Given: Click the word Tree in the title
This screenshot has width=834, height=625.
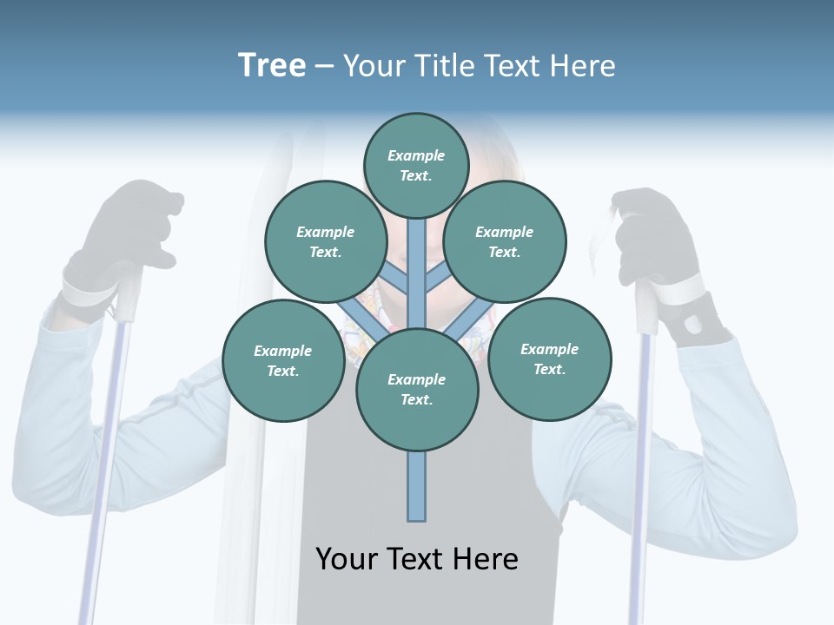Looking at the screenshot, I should click(x=272, y=65).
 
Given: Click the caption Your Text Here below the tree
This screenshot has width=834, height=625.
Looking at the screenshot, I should click(x=417, y=558).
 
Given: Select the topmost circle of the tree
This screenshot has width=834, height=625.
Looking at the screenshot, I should click(x=416, y=165).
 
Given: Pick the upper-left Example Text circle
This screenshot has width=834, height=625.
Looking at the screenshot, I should click(x=325, y=241).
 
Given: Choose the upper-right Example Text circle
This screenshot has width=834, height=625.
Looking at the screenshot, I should click(x=504, y=241).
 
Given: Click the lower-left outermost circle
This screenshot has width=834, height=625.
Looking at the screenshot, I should click(x=282, y=360).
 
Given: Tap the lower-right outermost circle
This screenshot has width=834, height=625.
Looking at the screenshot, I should click(x=549, y=359).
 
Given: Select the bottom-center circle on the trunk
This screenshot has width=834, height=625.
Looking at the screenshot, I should click(x=417, y=389).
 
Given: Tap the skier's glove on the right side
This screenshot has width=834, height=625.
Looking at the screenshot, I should click(x=656, y=239).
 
